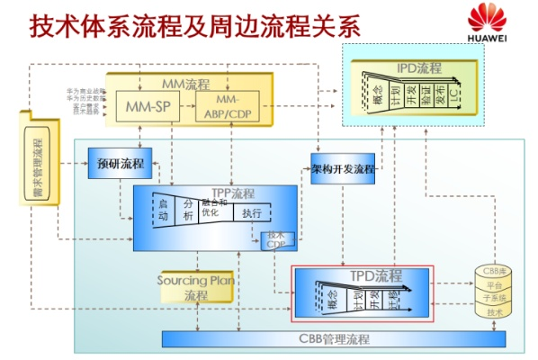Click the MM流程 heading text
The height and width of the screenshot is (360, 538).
click(x=185, y=85)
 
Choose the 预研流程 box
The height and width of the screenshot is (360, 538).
click(x=119, y=164)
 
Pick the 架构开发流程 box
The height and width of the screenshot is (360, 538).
click(x=343, y=168)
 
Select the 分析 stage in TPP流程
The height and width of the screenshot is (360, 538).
click(x=188, y=211)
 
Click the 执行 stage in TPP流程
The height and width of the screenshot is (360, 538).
click(x=252, y=213)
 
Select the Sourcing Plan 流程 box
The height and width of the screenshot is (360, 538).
click(x=195, y=287)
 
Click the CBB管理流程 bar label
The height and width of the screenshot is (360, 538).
click(x=334, y=339)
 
